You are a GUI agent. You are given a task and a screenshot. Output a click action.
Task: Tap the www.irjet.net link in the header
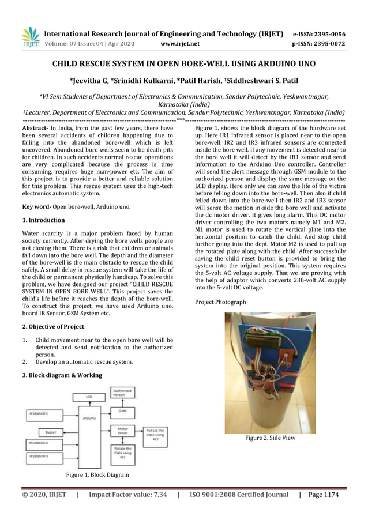coord(181,43)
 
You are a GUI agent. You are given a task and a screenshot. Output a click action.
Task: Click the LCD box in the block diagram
coord(88,397)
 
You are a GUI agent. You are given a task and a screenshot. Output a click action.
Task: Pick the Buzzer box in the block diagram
coord(51,431)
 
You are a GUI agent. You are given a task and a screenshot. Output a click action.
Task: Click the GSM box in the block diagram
coord(122,411)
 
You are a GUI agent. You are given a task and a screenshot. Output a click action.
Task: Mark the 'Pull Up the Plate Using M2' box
coord(155,434)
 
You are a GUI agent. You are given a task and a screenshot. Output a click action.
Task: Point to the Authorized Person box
coord(122,393)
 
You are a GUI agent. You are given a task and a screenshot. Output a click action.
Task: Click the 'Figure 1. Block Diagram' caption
coord(97,474)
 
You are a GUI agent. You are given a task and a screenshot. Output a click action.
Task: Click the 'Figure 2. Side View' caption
coord(270,438)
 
